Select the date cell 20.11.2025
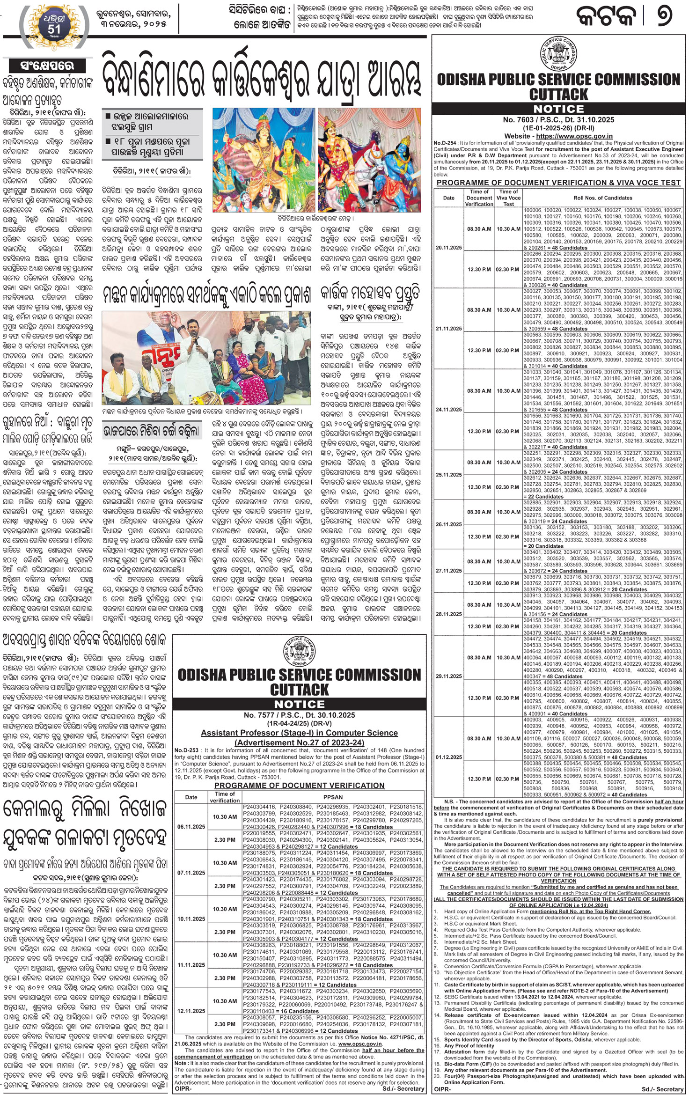tap(448, 248)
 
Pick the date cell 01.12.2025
tap(448, 757)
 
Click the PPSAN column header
tap(333, 797)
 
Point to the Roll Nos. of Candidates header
tap(603, 198)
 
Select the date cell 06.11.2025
tap(191, 827)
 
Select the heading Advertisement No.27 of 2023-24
tap(299, 742)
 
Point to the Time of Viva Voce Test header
tap(508, 198)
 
